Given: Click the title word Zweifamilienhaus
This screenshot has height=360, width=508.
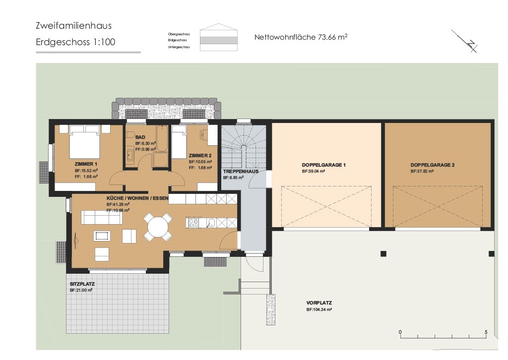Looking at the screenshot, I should pos(73,25).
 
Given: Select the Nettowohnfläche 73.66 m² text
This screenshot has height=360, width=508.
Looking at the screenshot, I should pos(301,37).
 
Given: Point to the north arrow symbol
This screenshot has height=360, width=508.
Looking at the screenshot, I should pos(465,41).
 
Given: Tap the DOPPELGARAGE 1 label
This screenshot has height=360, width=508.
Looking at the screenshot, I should pos(323,165).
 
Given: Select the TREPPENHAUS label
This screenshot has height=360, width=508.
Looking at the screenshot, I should pos(241,171).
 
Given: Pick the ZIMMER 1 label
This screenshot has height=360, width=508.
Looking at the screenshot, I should pos(86,164).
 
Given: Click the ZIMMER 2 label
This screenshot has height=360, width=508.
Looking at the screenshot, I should pos(200,156).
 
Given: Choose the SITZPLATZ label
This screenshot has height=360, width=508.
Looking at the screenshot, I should pos(82,284).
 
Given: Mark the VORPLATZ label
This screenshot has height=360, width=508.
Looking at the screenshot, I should pos(319,303).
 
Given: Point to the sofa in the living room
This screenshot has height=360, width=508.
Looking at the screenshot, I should pos(102,217).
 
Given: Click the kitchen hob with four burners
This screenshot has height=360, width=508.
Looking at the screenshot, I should pos(193,223).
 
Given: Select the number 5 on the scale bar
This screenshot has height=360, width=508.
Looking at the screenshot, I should pos(486,332).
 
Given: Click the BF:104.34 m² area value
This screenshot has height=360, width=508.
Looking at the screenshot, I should pos(319,309).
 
